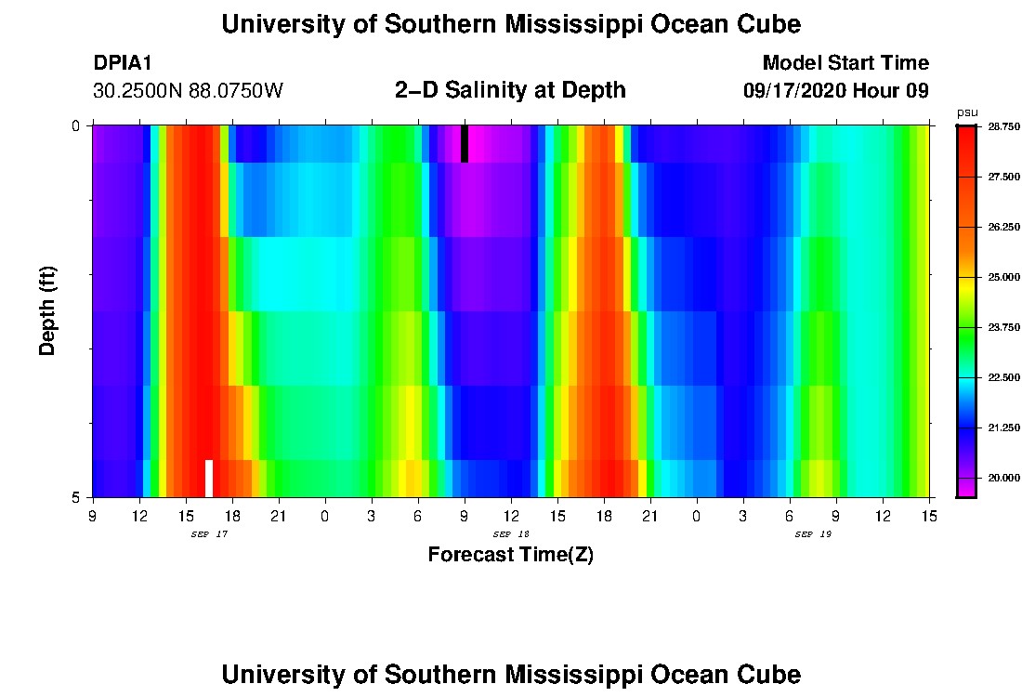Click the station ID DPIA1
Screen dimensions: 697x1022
[123, 63]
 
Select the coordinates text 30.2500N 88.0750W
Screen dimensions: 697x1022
[188, 91]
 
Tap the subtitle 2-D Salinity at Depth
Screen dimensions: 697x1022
[510, 90]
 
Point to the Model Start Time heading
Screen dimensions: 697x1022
[845, 63]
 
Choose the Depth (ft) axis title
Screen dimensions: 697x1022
[48, 310]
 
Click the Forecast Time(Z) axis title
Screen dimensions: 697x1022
[510, 555]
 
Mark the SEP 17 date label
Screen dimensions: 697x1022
[209, 534]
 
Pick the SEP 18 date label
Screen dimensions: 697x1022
[511, 534]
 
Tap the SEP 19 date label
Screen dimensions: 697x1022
[813, 534]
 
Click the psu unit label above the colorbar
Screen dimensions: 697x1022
[966, 112]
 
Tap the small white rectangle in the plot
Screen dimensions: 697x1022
[209, 478]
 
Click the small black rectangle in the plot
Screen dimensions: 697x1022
[465, 144]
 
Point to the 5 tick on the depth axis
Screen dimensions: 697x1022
[76, 497]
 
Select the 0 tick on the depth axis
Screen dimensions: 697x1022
[76, 125]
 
